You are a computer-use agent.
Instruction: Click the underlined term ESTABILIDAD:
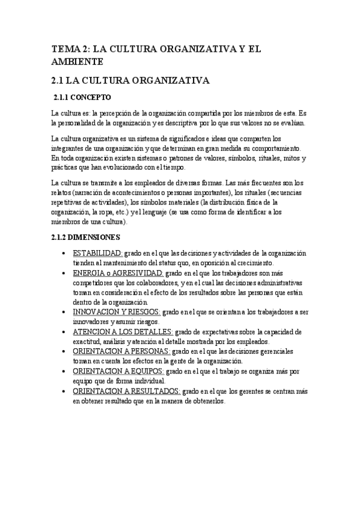[97, 253]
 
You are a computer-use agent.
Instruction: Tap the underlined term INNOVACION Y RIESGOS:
[116, 312]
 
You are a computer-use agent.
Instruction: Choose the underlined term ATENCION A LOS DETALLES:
[123, 332]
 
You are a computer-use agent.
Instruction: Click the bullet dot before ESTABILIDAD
[64, 254]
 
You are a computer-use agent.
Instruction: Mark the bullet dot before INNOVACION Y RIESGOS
[64, 313]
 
